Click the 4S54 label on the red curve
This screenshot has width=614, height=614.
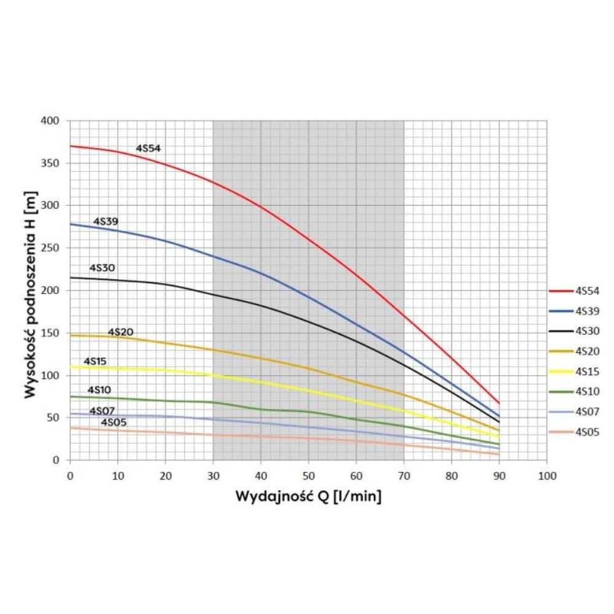click(x=148, y=148)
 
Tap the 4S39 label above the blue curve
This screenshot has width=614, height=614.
click(x=106, y=221)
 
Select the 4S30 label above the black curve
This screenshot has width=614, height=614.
click(x=102, y=268)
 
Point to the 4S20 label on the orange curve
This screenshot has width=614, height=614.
click(x=120, y=332)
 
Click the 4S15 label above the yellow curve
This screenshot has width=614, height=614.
click(x=95, y=361)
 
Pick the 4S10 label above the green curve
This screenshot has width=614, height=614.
click(x=99, y=390)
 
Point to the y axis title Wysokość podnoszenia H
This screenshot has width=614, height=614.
click(x=31, y=290)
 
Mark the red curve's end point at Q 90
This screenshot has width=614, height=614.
click(x=499, y=403)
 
